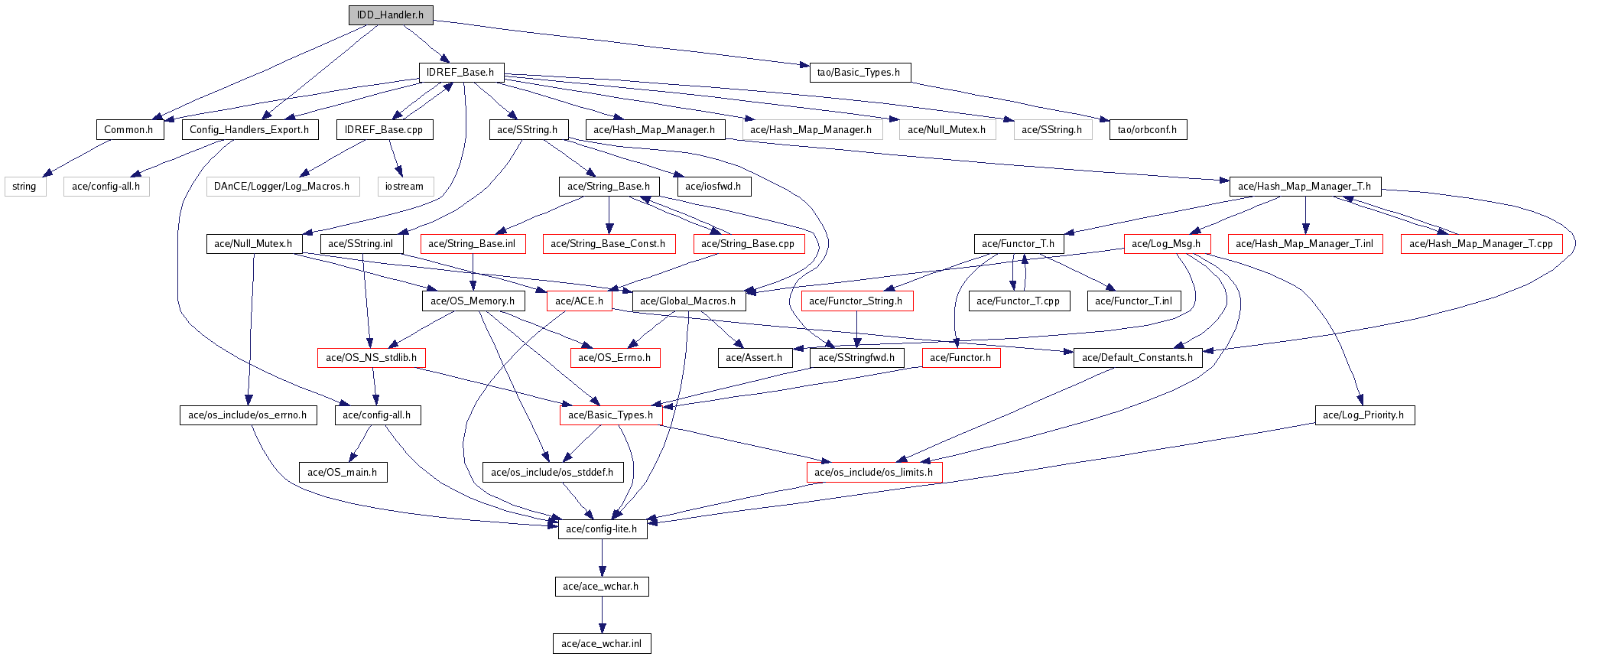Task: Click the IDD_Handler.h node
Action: point(391,15)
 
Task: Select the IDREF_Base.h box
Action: point(461,73)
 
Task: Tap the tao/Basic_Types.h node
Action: point(859,73)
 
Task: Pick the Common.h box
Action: point(129,130)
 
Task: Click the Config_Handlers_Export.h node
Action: point(249,130)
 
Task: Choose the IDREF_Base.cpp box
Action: point(384,130)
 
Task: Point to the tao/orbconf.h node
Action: point(1147,130)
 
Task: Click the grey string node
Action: point(24,187)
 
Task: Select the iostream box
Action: point(405,187)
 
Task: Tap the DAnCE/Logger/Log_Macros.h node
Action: point(282,187)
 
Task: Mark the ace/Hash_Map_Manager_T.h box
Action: point(1304,187)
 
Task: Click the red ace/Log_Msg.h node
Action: point(1166,244)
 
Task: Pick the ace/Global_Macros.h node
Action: point(688,301)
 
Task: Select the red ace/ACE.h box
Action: point(580,301)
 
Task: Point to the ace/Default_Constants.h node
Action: point(1137,358)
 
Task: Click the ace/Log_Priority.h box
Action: point(1364,415)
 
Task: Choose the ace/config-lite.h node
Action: point(602,529)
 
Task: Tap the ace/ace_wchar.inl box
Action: point(602,644)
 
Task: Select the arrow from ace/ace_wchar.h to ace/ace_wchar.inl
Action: point(602,615)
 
